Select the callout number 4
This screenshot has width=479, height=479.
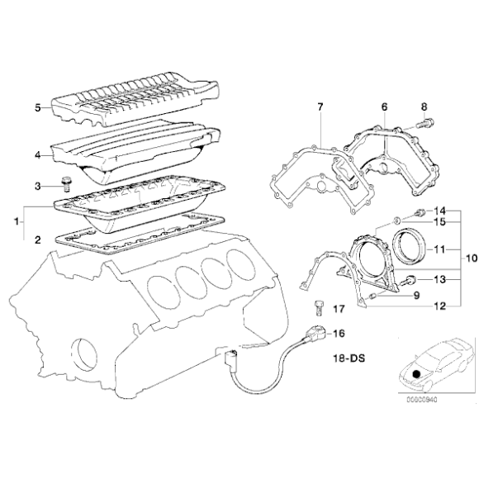click(x=38, y=154)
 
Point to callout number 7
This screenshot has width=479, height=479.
click(x=320, y=107)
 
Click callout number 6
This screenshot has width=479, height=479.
click(x=384, y=107)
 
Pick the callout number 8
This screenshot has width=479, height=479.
click(x=424, y=107)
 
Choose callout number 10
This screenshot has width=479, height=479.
click(x=472, y=257)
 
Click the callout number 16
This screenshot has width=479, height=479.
click(x=338, y=334)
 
